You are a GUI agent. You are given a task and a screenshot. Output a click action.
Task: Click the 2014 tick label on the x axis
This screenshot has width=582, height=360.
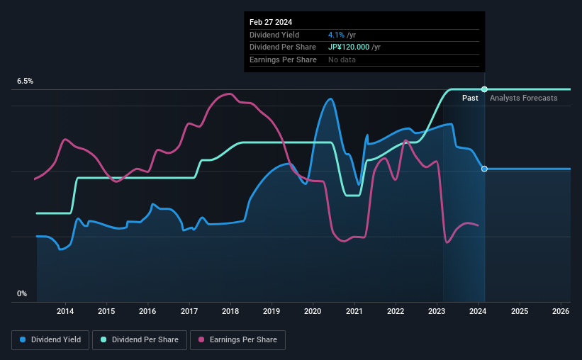(x=65, y=311)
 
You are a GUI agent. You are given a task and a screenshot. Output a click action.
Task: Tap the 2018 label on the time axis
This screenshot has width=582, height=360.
(x=230, y=311)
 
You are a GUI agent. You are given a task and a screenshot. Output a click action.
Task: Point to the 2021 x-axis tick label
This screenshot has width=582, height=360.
(x=354, y=311)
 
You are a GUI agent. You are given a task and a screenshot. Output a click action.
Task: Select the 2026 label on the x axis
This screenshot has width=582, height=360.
(x=561, y=311)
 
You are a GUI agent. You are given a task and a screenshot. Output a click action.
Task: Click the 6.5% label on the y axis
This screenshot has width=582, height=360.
(x=26, y=81)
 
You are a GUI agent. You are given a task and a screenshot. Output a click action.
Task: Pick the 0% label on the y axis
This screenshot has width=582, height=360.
(x=22, y=293)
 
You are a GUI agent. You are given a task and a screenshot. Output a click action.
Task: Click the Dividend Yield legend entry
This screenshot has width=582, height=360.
(x=50, y=340)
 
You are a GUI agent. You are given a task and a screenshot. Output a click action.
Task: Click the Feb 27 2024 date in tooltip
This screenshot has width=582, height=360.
(x=270, y=22)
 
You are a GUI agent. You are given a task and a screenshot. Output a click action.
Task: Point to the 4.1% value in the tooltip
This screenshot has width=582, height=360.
(x=336, y=35)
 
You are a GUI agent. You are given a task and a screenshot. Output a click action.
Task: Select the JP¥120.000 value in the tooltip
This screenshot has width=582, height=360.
(x=354, y=47)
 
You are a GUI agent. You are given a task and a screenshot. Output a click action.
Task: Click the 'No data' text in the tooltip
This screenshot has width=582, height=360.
(x=342, y=60)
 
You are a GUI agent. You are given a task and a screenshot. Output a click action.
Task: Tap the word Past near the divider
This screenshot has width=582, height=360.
(x=470, y=98)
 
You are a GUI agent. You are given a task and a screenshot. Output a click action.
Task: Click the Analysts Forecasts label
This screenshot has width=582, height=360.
(x=523, y=98)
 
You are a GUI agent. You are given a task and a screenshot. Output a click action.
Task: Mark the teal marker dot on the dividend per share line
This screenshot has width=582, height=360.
(x=484, y=89)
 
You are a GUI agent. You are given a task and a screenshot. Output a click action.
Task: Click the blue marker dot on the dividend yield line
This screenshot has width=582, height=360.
(x=484, y=169)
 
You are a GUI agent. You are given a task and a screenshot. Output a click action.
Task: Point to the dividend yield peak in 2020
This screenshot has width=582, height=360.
(x=330, y=99)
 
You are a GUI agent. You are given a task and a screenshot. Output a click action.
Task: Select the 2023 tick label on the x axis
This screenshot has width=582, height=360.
(x=437, y=311)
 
